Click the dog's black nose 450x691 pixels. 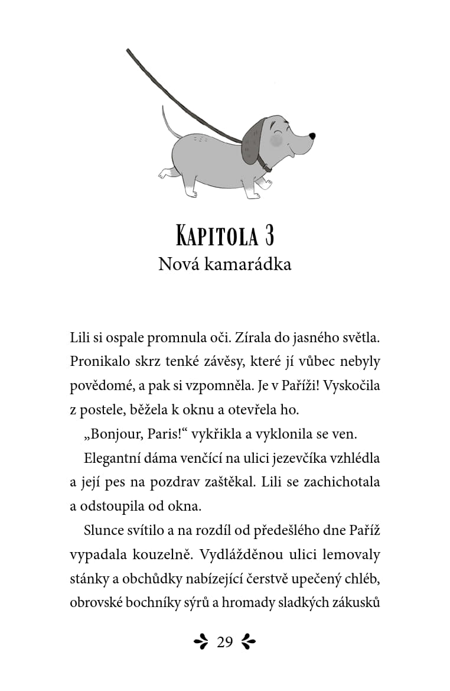pos(312,135)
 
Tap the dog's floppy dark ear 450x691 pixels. pos(252,141)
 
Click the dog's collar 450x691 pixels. pos(263,161)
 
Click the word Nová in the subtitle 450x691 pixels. pos(179,264)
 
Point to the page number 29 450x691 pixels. pos(225,642)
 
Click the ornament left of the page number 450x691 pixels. pos(201,642)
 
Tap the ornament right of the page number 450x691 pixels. pos(249,642)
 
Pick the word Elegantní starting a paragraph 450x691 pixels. pos(115,458)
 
